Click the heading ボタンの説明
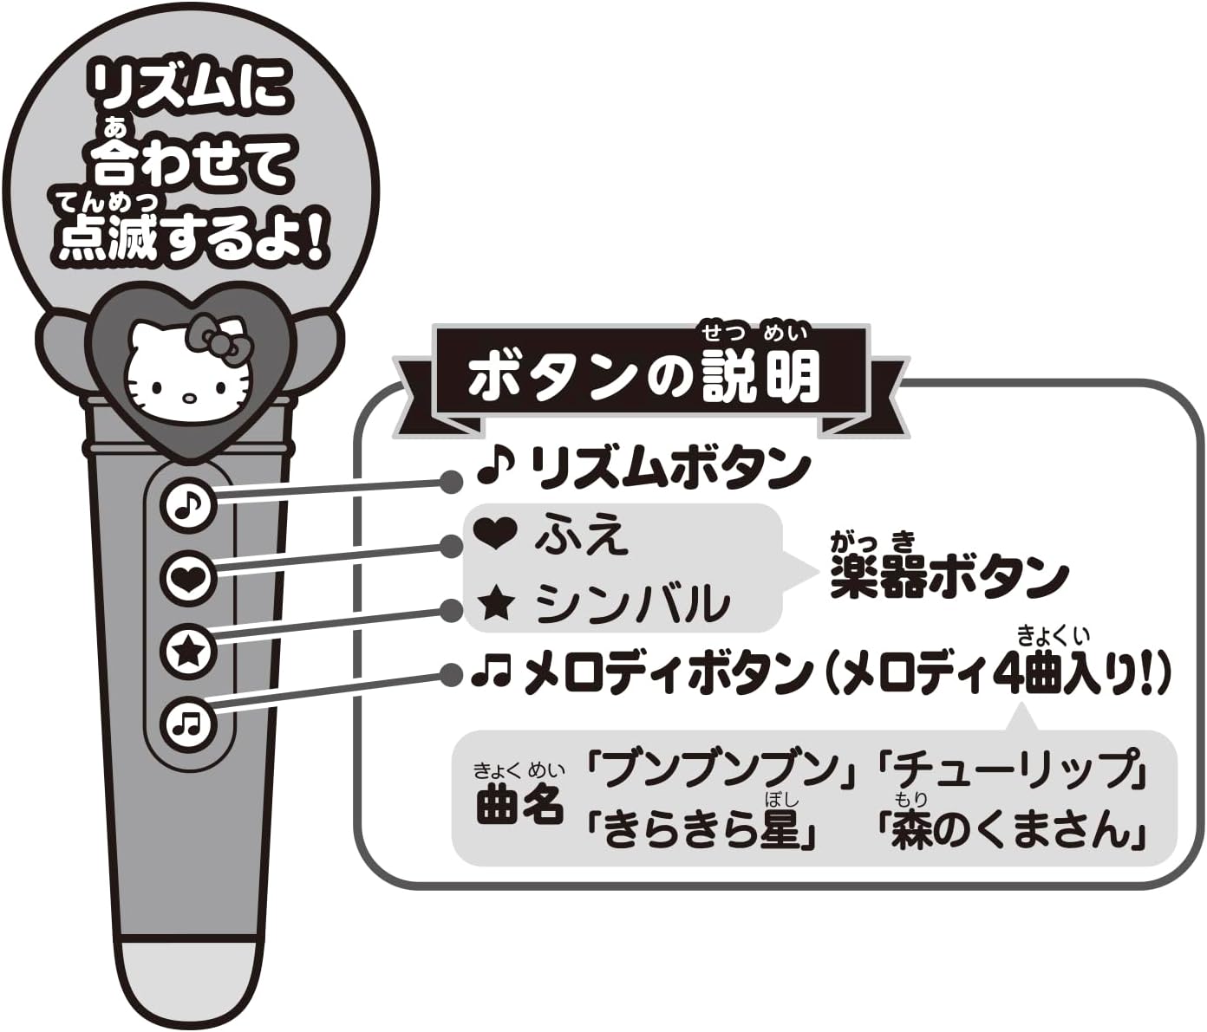pos(643,375)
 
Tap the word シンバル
pos(632,603)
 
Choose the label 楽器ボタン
pos(949,576)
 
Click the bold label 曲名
pos(519,805)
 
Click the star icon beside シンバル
pos(497,603)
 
